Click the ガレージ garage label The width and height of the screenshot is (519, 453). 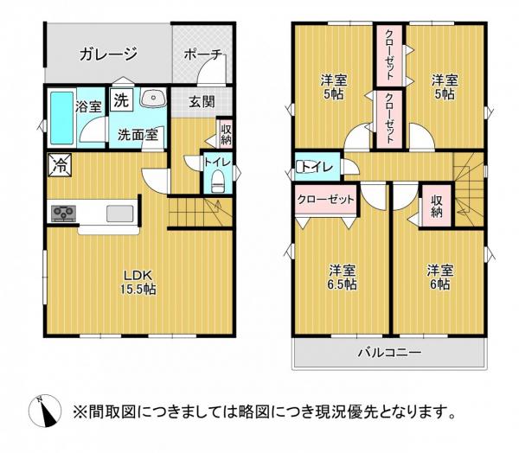(108, 54)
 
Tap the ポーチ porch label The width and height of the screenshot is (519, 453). (202, 54)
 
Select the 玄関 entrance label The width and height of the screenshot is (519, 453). (202, 102)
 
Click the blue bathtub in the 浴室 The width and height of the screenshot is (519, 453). (62, 118)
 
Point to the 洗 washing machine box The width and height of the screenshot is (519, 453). (121, 99)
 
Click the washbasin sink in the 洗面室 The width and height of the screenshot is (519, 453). (152, 98)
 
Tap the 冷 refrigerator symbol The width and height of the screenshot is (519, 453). (60, 165)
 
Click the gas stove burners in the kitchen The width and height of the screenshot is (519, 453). (63, 214)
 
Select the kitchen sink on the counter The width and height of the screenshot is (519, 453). (120, 214)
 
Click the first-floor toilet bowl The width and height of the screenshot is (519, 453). (217, 182)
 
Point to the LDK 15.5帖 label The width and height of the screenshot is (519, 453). (138, 282)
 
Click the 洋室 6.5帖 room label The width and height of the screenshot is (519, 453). (343, 277)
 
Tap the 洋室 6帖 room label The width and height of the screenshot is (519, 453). (439, 277)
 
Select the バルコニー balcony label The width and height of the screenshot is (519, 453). (390, 352)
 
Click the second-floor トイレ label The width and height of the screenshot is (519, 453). (317, 167)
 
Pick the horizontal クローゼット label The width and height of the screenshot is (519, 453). (326, 200)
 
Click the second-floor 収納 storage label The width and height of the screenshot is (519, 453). (437, 206)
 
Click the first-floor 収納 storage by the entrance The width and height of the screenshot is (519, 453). (226, 135)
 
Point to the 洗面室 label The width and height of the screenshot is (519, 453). (138, 135)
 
